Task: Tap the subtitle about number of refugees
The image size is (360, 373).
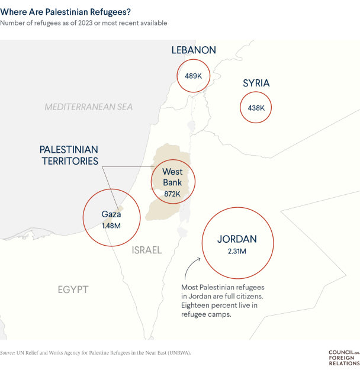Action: (x=83, y=23)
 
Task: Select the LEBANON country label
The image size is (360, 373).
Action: (x=194, y=50)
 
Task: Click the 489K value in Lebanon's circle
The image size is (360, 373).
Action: (x=194, y=76)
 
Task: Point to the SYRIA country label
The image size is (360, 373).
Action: (x=256, y=83)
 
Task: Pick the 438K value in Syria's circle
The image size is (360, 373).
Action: (x=256, y=108)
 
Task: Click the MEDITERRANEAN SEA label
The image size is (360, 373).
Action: (x=89, y=107)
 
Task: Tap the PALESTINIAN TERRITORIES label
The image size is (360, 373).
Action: (x=69, y=155)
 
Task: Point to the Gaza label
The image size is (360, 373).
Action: (x=111, y=214)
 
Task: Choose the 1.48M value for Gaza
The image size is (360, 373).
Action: (x=111, y=226)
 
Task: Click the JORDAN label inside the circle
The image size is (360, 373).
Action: (x=237, y=239)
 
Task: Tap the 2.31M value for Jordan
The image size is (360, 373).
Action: (x=237, y=252)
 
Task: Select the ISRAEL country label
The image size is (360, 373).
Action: (x=147, y=250)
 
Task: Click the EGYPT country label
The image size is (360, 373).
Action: (x=73, y=290)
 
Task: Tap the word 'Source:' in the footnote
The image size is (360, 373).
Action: (x=8, y=352)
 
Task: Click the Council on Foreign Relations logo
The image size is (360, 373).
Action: (x=343, y=358)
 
